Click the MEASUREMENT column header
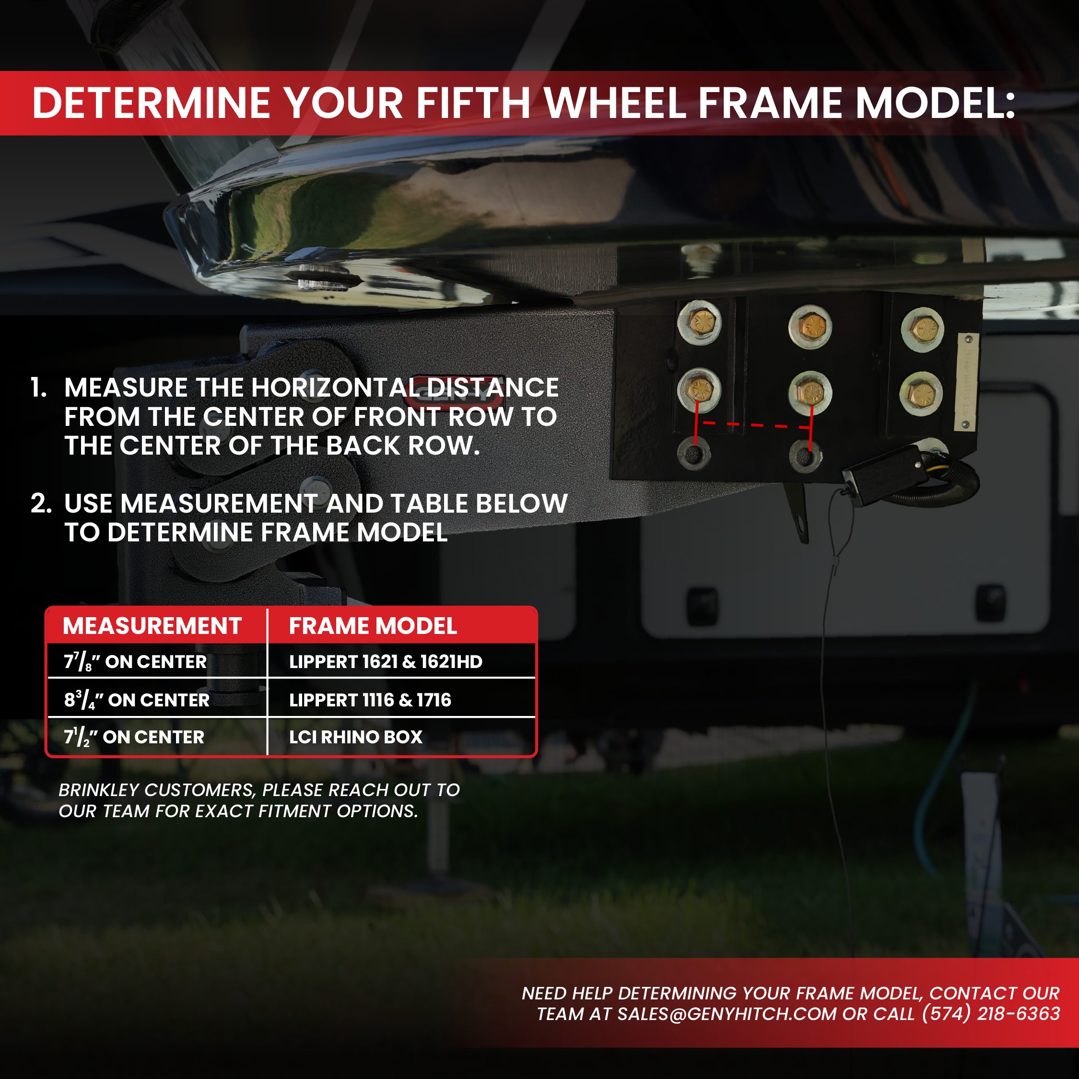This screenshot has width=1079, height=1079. pyautogui.click(x=152, y=626)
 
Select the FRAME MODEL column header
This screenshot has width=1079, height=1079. pyautogui.click(x=373, y=626)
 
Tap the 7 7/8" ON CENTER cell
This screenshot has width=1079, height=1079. pyautogui.click(x=136, y=662)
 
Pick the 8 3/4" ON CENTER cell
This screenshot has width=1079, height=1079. pyautogui.click(x=137, y=700)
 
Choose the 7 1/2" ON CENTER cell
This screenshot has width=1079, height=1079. pyautogui.click(x=134, y=737)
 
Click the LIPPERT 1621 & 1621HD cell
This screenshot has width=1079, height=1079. pyautogui.click(x=386, y=662)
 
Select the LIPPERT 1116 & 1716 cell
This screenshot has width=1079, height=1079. pyautogui.click(x=370, y=700)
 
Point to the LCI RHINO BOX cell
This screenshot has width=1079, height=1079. pyautogui.click(x=356, y=737)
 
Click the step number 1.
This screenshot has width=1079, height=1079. pyautogui.click(x=38, y=387)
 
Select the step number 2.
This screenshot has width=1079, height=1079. pyautogui.click(x=41, y=503)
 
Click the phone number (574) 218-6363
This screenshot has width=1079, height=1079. pyautogui.click(x=991, y=1014)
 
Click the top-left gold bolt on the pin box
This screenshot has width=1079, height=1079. pyautogui.click(x=699, y=322)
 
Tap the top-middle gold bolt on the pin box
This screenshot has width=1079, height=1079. pyautogui.click(x=810, y=326)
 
